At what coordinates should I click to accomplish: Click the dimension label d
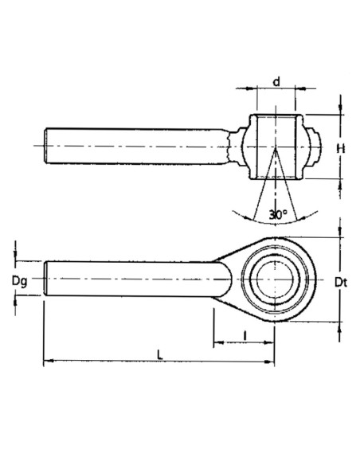(276, 81)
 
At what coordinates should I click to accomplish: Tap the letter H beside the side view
(341, 148)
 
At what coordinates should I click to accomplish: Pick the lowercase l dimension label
(244, 336)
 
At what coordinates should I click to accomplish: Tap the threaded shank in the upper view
(135, 147)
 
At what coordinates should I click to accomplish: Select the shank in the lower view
(135, 279)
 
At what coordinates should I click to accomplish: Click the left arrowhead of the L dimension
(46, 363)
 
